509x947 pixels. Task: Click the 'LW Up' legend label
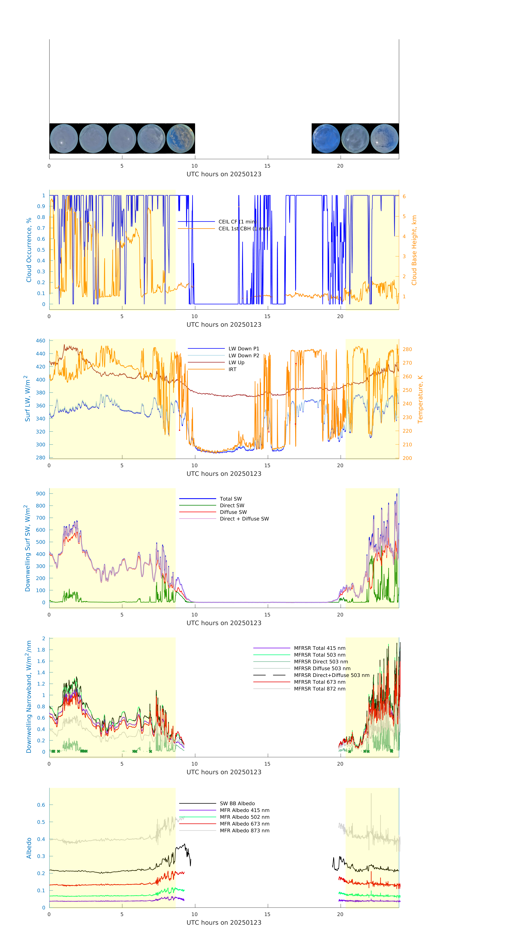[236, 362]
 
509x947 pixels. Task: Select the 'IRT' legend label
[232, 369]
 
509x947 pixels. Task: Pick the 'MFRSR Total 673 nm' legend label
[320, 682]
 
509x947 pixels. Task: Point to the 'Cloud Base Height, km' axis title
[414, 250]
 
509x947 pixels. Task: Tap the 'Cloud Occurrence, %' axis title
[29, 250]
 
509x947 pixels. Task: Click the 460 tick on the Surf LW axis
[40, 341]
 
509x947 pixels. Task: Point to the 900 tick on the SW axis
[40, 494]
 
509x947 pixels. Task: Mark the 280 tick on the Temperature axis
[407, 349]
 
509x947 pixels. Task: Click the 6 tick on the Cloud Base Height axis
[404, 197]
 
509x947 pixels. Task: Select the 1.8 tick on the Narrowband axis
[41, 650]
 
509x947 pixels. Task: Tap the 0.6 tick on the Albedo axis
[41, 805]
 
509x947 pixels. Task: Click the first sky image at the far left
[64, 139]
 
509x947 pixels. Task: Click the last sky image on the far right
[384, 139]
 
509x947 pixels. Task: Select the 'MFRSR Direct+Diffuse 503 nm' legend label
[332, 675]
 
